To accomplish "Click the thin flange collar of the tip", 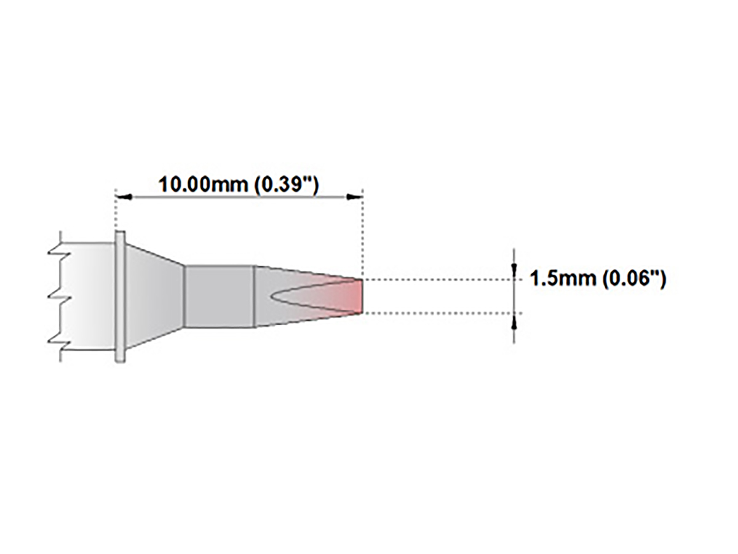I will click(x=120, y=296).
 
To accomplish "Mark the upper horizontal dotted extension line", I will click(x=437, y=279).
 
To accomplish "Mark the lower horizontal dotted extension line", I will click(x=437, y=313).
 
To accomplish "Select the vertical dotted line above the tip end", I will click(x=362, y=234).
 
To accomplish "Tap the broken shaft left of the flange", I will click(x=86, y=296).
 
